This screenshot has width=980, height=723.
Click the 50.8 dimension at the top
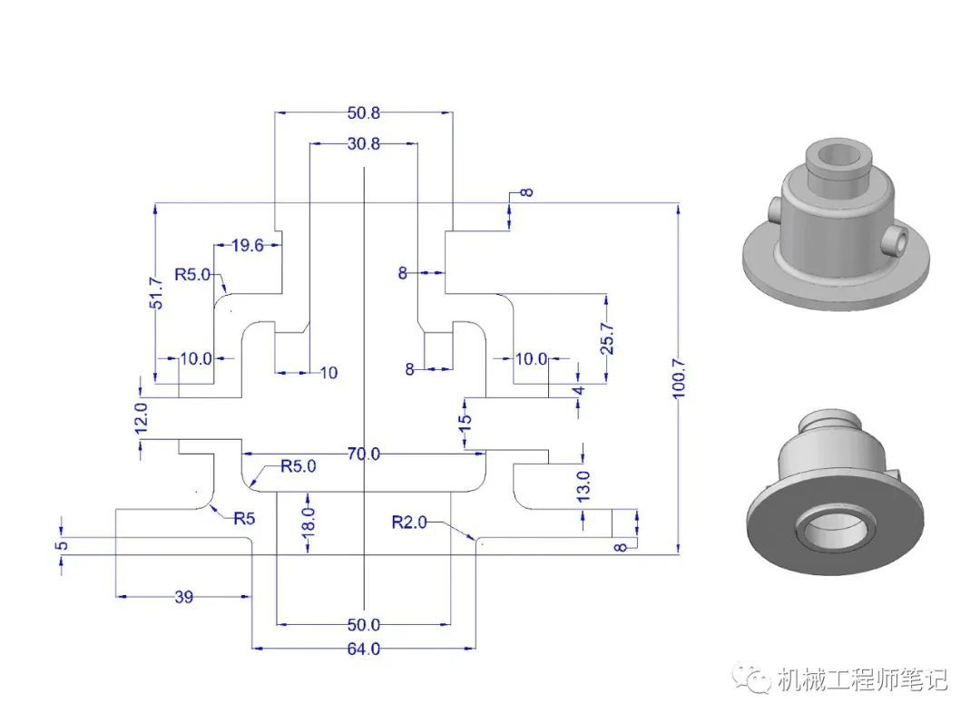364,112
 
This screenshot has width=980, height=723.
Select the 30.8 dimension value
364,143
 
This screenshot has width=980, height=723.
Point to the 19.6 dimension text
248,246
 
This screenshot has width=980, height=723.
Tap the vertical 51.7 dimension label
156,292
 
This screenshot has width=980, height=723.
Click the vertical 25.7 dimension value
607,338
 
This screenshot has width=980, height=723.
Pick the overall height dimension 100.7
679,378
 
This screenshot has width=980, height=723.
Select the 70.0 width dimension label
364,454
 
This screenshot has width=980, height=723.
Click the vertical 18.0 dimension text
309,521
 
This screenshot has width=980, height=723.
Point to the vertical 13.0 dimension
583,486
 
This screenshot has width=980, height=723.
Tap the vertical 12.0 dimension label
142,417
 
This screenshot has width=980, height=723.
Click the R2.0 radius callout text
408,522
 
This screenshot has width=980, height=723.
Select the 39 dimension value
183,597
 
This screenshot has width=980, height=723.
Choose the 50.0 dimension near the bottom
364,625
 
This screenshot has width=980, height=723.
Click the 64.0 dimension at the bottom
364,650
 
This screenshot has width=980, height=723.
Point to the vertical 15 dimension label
465,420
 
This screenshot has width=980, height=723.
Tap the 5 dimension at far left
62,545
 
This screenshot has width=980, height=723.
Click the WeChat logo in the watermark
752,679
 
